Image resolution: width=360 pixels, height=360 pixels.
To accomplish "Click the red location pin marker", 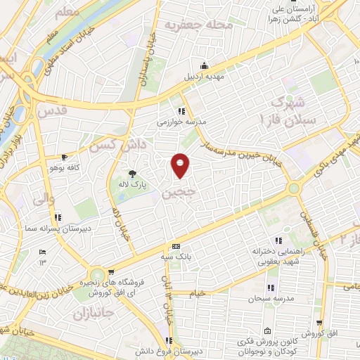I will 181,165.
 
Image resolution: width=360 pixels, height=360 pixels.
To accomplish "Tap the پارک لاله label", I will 131,184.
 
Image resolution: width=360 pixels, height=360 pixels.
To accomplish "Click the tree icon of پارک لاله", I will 131,173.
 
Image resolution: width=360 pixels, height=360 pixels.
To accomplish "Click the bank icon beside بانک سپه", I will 176,247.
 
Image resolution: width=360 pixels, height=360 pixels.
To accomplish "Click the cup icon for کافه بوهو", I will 65,157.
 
